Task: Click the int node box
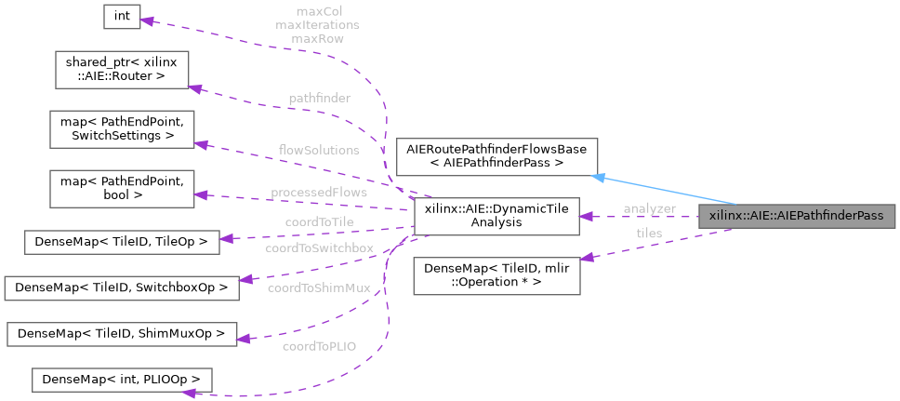(122, 17)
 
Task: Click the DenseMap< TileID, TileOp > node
(123, 242)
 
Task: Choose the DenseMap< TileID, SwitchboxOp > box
(123, 287)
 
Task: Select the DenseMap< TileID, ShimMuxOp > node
(123, 333)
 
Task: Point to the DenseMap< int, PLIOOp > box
(123, 380)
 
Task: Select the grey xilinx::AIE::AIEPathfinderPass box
(797, 216)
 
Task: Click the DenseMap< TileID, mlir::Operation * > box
(496, 275)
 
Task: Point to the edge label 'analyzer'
(650, 208)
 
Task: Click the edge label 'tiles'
(649, 233)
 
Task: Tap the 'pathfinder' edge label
(319, 98)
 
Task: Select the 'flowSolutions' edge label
(319, 150)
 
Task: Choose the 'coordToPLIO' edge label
(320, 348)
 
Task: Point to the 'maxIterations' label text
(317, 26)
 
